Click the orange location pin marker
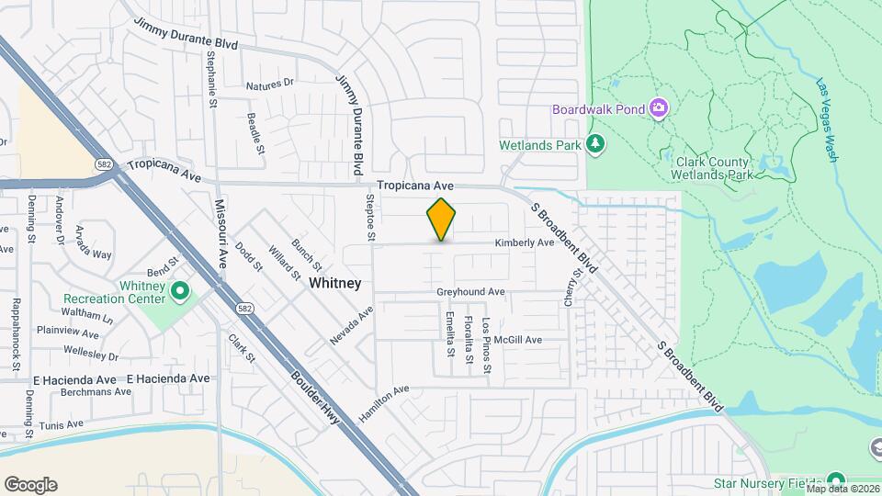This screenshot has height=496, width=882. click(x=442, y=220)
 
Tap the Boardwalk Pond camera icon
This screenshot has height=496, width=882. click(x=658, y=109)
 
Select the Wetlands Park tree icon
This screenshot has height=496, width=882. click(x=597, y=144)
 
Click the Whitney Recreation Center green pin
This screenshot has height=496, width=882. click(x=181, y=292)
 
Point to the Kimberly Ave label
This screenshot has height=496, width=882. click(x=525, y=243)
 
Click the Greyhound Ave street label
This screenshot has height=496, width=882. click(x=470, y=292)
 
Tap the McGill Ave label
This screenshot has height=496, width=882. click(x=517, y=340)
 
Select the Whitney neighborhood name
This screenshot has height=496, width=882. click(x=334, y=283)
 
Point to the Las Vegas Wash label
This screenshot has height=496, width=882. click(x=827, y=119)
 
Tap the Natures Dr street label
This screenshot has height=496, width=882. click(x=269, y=85)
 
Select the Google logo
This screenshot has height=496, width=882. click(x=30, y=485)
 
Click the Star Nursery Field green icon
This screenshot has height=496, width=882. click(x=835, y=481)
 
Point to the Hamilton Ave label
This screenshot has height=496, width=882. click(x=384, y=403)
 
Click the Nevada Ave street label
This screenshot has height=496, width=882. click(x=352, y=326)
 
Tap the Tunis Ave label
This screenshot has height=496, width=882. click(x=62, y=425)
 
